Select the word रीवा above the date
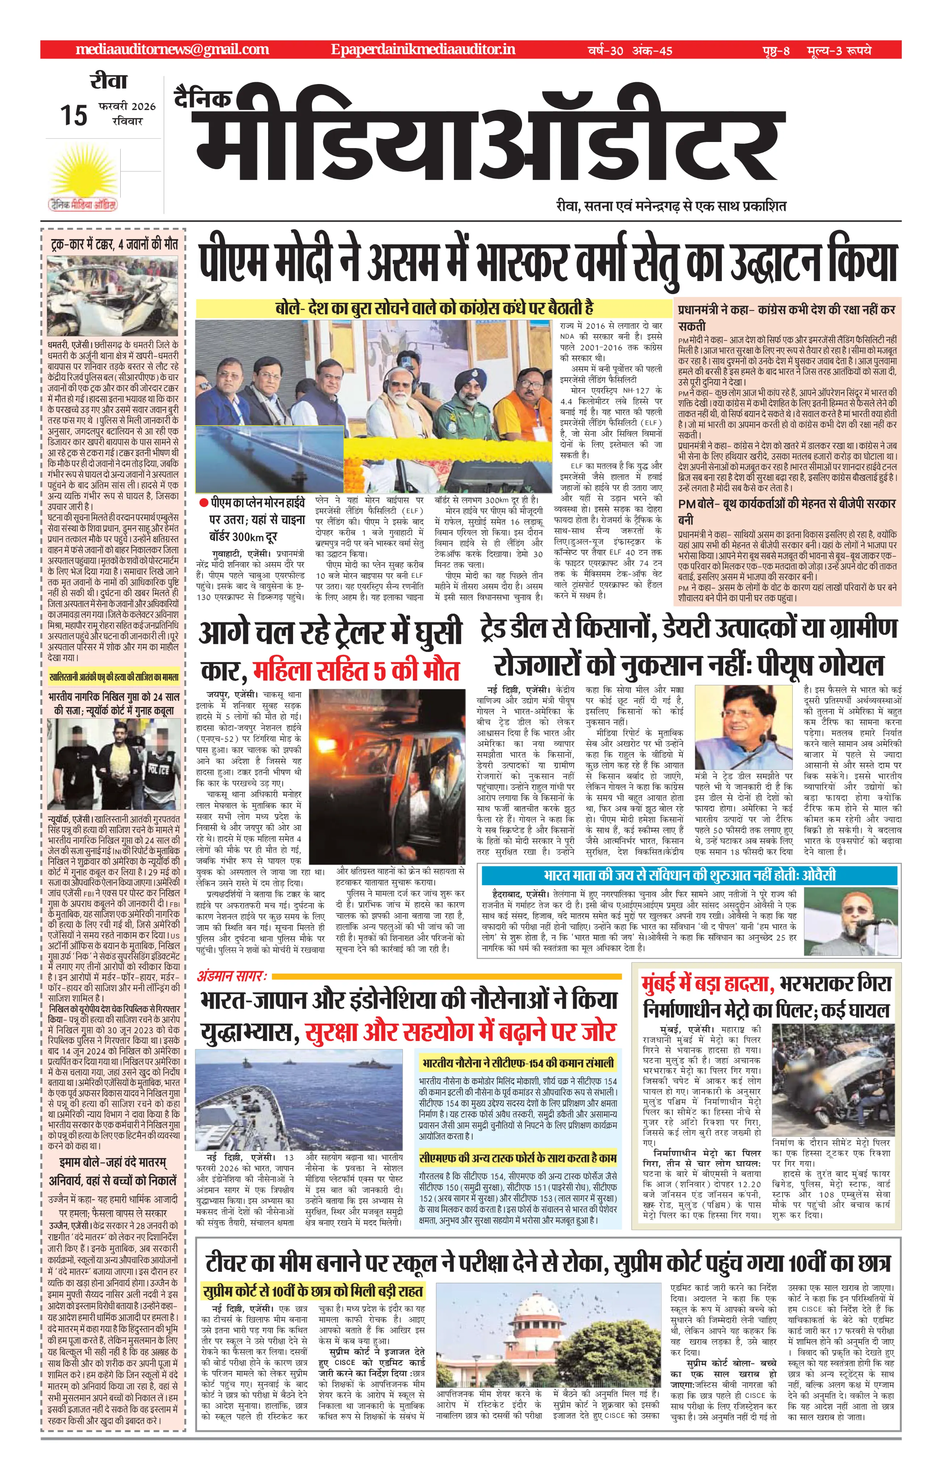(x=108, y=82)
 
